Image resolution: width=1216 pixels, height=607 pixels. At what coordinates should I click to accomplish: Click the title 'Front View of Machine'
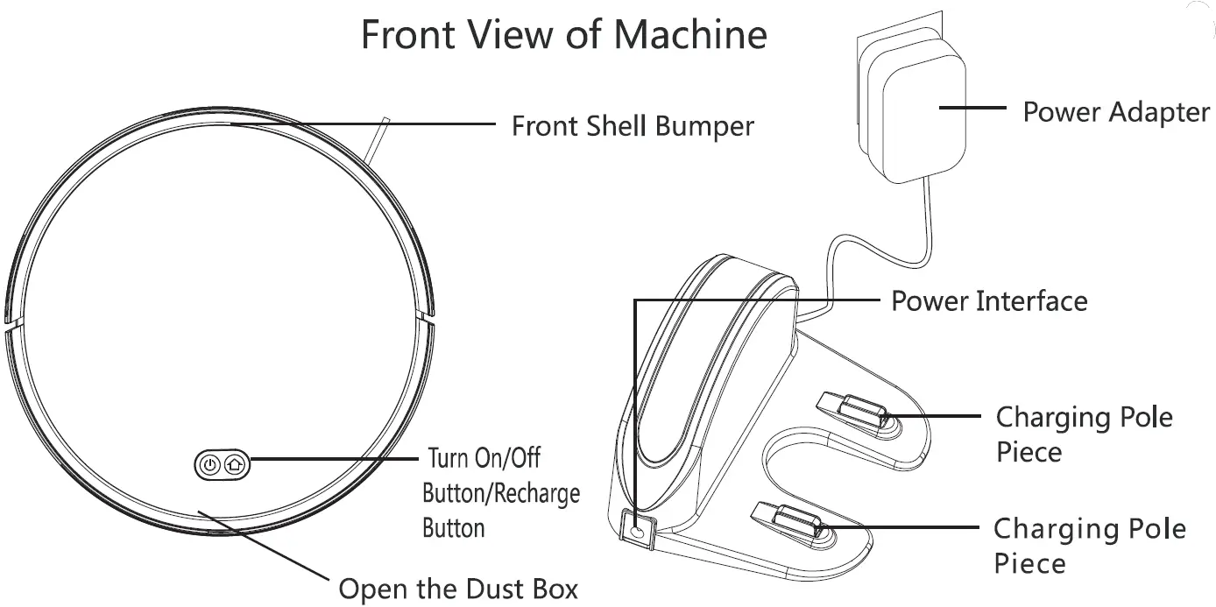[563, 35]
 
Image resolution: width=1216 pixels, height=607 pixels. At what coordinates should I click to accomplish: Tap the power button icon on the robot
[209, 465]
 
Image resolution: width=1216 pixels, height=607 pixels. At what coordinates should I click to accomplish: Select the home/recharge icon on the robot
[234, 465]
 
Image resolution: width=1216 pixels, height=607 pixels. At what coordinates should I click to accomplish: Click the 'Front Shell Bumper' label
[632, 126]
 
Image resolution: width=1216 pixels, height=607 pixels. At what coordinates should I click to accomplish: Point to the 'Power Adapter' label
[1115, 112]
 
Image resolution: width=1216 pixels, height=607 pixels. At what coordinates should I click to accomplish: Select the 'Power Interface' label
[988, 301]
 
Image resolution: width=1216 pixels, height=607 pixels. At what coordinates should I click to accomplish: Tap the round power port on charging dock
[638, 529]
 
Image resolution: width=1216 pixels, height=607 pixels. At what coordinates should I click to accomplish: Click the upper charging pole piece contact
[854, 410]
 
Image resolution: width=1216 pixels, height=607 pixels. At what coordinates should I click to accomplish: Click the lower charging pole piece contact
[793, 521]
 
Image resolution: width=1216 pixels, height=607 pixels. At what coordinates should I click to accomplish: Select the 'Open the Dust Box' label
[457, 589]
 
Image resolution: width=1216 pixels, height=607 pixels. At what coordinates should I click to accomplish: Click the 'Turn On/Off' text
[483, 458]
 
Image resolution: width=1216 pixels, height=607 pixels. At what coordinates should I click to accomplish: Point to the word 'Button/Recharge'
[500, 493]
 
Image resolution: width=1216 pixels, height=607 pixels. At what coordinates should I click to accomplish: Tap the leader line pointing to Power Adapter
[972, 109]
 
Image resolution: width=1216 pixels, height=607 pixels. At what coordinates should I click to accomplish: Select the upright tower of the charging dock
[701, 368]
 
